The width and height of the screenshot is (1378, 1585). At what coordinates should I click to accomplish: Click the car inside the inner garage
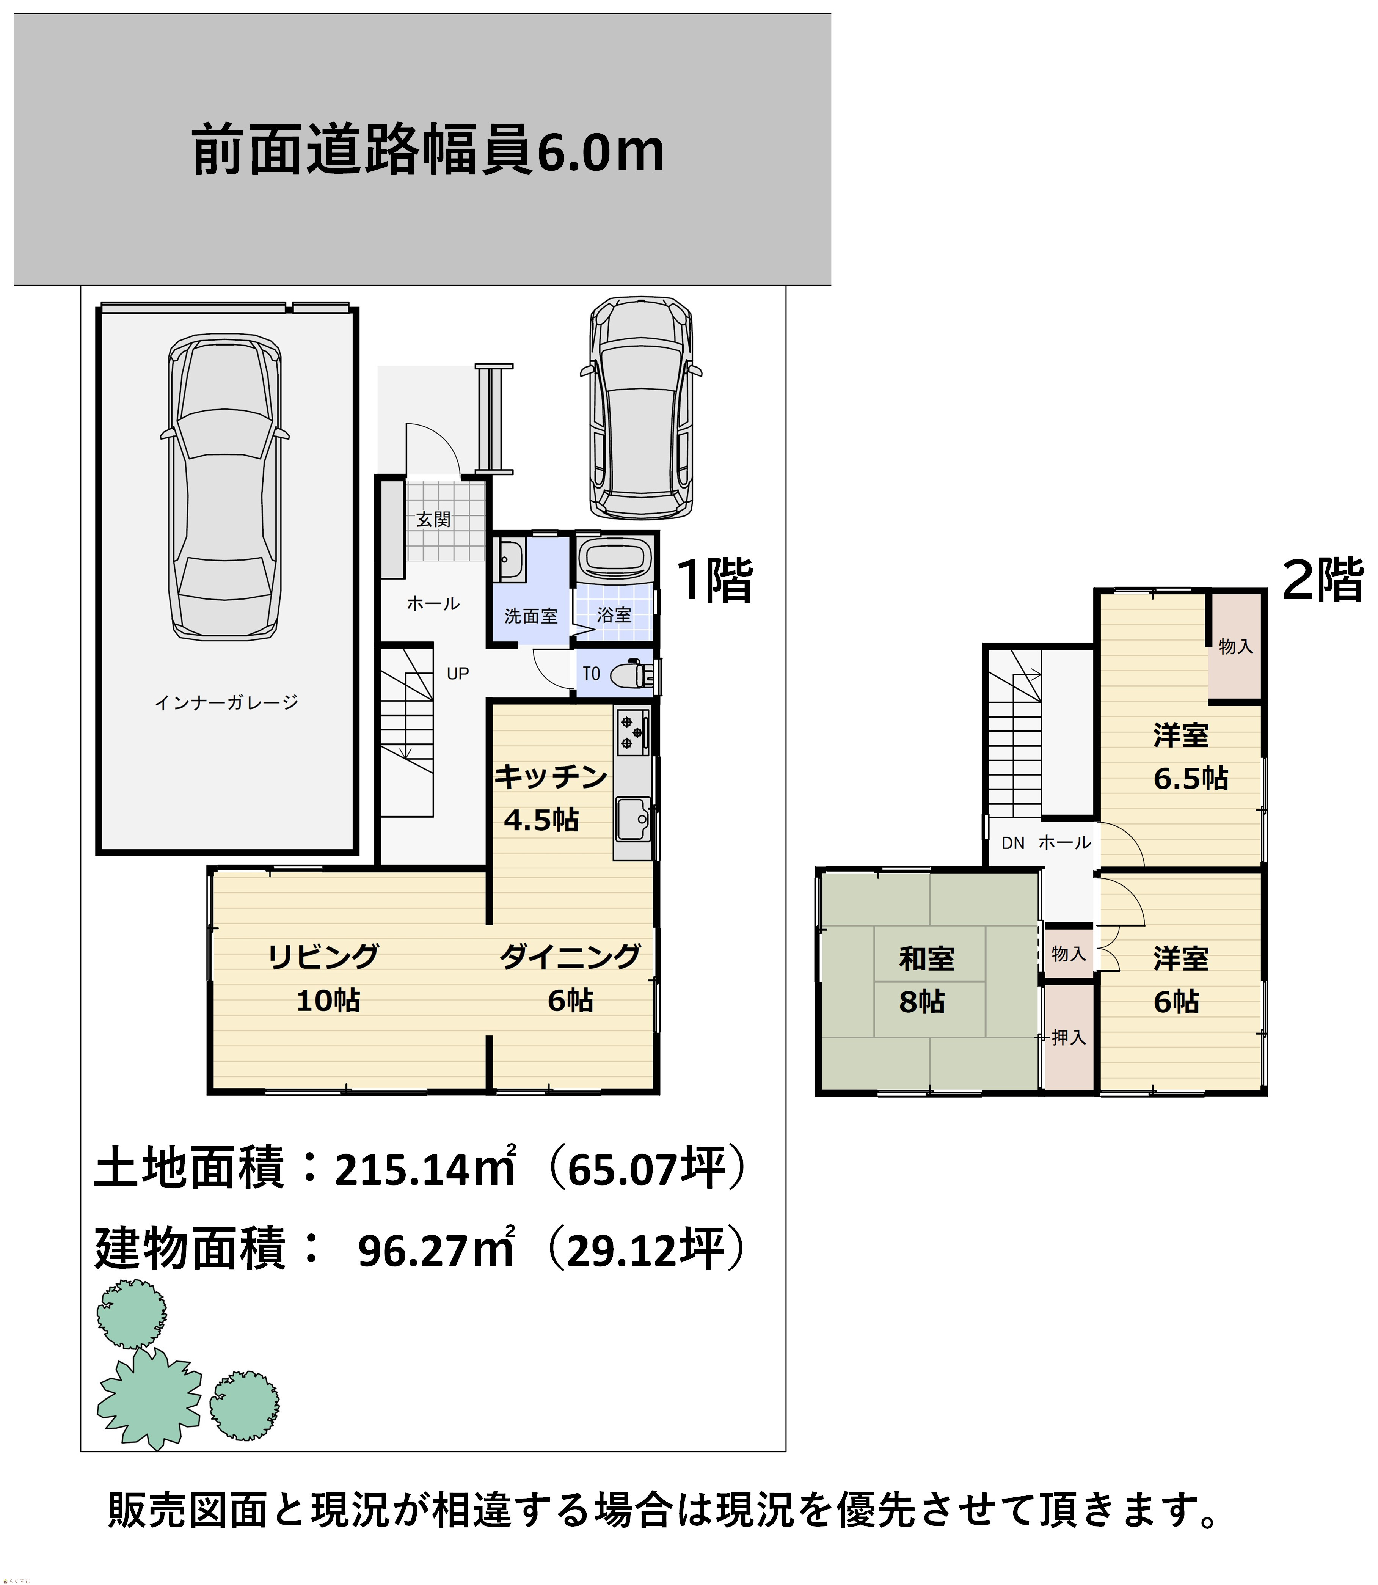(224, 487)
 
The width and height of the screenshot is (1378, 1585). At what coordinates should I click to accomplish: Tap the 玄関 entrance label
(434, 520)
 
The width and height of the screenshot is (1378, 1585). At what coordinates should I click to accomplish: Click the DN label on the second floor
(1013, 843)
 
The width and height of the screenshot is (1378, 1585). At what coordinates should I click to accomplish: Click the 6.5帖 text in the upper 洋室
(1190, 779)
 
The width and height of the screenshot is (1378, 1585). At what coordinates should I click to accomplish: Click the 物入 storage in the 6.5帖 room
(1236, 647)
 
